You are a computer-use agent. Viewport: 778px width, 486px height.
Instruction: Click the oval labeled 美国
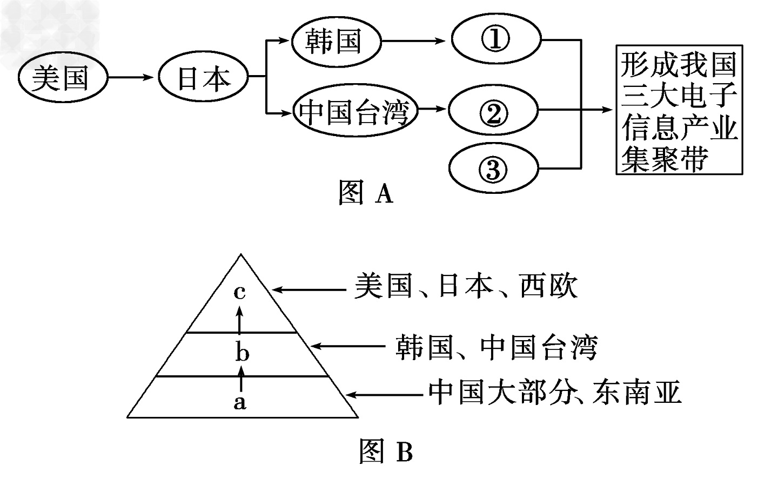(61, 78)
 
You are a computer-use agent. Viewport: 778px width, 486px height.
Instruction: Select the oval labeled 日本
(203, 78)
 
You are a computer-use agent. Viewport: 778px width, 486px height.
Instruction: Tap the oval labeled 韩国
(336, 40)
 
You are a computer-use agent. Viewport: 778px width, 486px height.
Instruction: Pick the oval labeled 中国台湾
(356, 112)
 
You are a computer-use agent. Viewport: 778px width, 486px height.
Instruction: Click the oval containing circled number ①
(495, 40)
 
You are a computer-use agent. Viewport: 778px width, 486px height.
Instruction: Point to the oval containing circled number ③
(493, 169)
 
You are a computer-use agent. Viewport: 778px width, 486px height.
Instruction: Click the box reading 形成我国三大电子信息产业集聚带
(679, 110)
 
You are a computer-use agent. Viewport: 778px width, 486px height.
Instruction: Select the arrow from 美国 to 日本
(132, 78)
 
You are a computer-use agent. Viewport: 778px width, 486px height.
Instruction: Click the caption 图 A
(365, 193)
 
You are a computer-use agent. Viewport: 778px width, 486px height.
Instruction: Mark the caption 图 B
(386, 451)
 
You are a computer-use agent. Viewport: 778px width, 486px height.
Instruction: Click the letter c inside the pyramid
(240, 292)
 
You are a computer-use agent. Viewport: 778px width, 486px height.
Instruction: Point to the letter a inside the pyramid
(239, 402)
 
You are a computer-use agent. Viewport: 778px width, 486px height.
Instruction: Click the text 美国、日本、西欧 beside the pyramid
(466, 287)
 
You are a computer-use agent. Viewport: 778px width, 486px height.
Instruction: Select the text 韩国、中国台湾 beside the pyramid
(496, 347)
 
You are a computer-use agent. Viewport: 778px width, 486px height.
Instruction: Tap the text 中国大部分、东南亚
(554, 393)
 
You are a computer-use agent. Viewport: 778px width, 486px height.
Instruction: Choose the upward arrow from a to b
(241, 377)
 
